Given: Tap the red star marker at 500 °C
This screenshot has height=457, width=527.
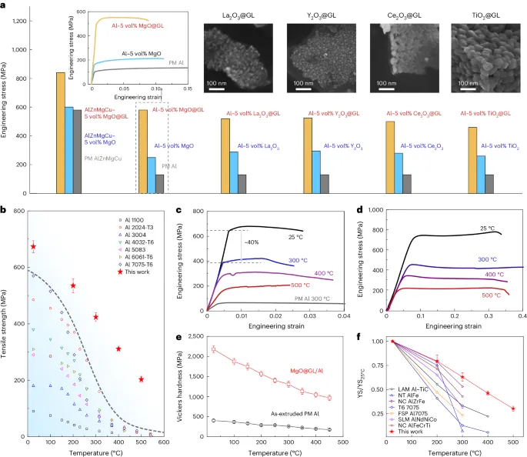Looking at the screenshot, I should coord(141,379).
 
